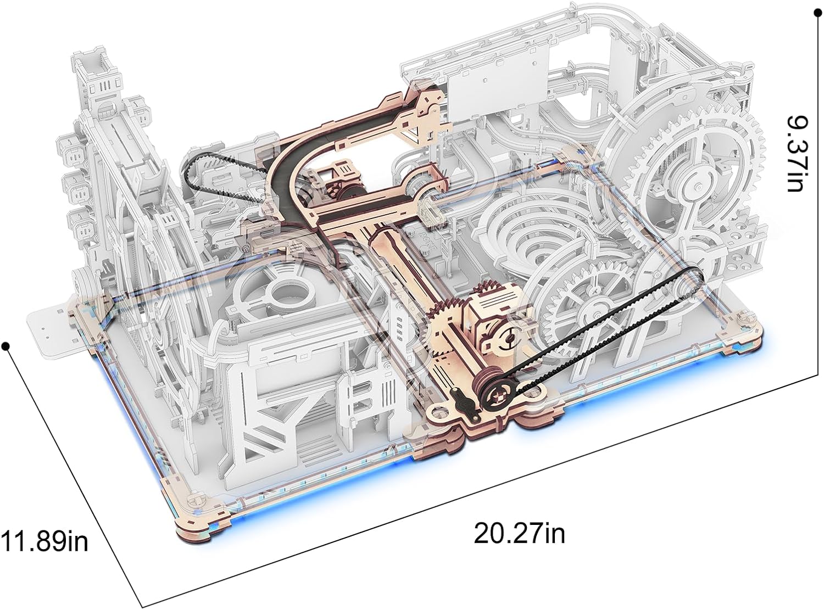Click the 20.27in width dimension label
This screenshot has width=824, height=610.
519,533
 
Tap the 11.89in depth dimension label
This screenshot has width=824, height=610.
44,541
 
